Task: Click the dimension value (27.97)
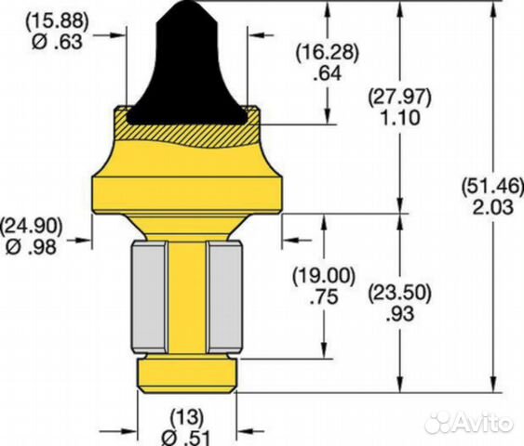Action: point(396,95)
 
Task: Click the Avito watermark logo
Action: point(468,423)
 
